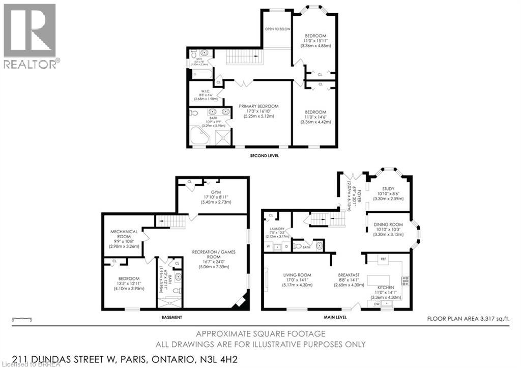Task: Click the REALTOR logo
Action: tap(30, 36)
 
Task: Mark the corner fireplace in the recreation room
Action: tap(239, 302)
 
